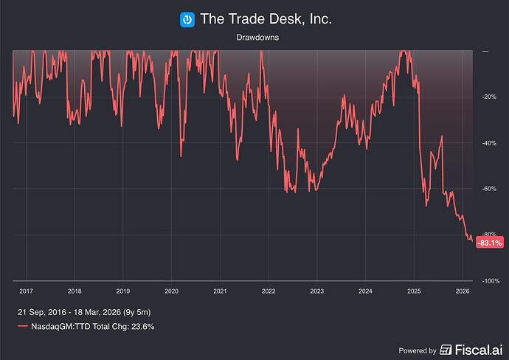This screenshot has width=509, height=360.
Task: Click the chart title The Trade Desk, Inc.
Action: pyautogui.click(x=266, y=19)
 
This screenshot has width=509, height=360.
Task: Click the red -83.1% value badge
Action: pyautogui.click(x=489, y=243)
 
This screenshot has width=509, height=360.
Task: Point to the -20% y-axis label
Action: pyautogui.click(x=490, y=97)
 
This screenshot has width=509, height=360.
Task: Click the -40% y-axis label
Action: pyautogui.click(x=490, y=143)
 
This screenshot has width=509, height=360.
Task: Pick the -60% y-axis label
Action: pyautogui.click(x=490, y=189)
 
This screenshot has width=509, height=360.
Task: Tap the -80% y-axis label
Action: pyautogui.click(x=490, y=235)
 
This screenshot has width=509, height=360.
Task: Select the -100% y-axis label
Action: pyautogui.click(x=491, y=281)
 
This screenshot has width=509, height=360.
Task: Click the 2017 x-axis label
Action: pyautogui.click(x=26, y=291)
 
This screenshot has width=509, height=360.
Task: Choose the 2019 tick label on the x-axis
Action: pyautogui.click(x=122, y=291)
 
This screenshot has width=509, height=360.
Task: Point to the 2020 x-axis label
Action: pyautogui.click(x=171, y=291)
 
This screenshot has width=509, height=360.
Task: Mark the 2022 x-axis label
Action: pyautogui.click(x=268, y=291)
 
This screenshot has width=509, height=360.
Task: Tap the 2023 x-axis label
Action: pyautogui.click(x=316, y=291)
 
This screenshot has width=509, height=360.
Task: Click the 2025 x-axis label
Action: pyautogui.click(x=413, y=291)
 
